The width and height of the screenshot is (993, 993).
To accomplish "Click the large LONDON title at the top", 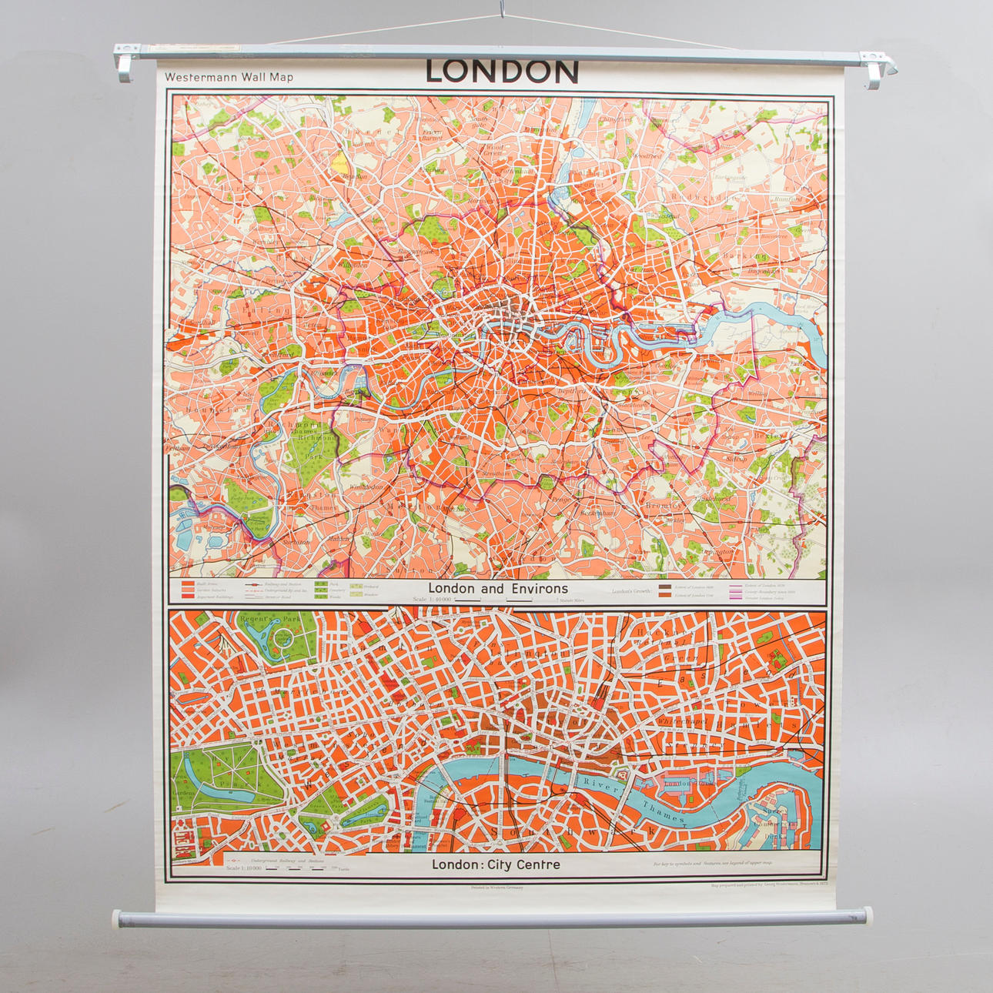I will point(501,72).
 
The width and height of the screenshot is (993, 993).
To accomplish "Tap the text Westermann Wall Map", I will point(229,77).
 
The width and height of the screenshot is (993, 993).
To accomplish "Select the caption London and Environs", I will point(497,589).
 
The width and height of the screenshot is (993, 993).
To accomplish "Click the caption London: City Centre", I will point(496,864).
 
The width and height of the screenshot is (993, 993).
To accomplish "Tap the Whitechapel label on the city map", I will point(681,721).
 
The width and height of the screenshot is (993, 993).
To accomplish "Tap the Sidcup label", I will point(736,458).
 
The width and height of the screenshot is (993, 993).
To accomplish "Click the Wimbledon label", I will point(366,487).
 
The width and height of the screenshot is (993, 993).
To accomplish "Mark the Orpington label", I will point(717,551).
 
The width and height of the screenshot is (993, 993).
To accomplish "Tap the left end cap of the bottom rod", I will point(119,918).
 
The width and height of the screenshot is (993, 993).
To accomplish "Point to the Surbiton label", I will point(296,542).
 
